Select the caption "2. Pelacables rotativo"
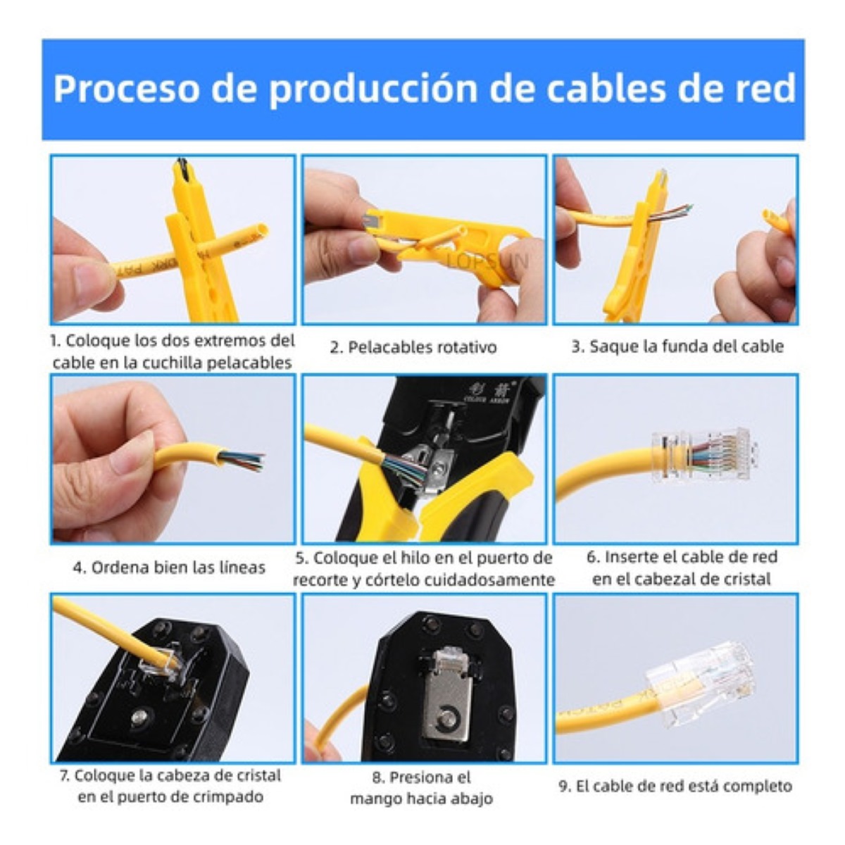413,347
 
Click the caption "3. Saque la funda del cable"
677,346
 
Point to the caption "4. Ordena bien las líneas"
169,568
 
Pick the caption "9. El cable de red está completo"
675,786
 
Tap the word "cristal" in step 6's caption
740,579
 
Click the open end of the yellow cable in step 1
261,232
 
